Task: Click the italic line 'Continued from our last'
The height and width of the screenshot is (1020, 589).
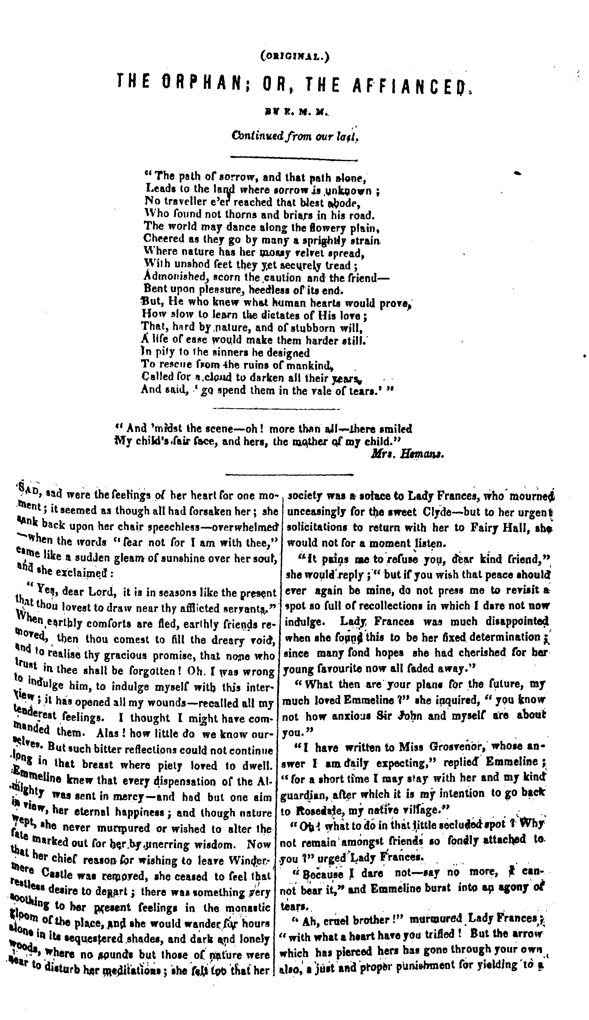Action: point(294,136)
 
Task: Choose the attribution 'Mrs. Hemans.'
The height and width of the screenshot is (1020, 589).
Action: point(408,454)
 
